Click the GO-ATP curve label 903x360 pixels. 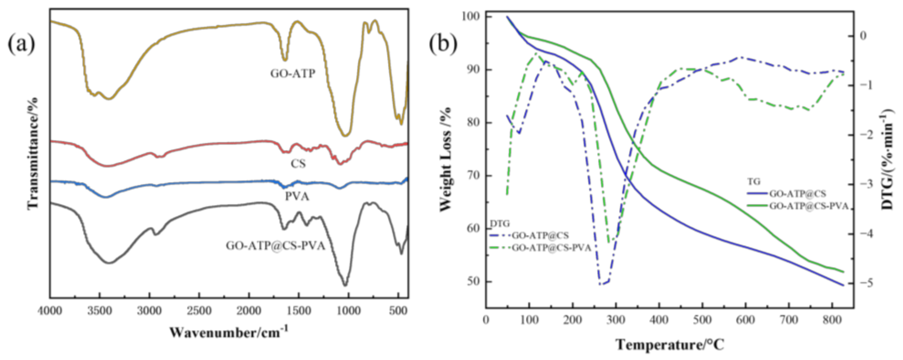coord(293,74)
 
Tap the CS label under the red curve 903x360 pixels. coord(298,163)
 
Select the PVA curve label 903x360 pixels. coord(297,197)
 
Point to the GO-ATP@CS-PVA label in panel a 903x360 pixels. coord(275,246)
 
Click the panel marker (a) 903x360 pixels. coord(22,45)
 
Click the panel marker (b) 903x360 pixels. coord(443,45)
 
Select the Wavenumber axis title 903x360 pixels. coord(229,331)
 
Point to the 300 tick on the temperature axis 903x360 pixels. coord(616,320)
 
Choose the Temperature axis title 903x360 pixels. coord(670,345)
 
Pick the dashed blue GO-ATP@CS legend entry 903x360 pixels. coord(540,235)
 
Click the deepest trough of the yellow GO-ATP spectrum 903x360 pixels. coord(346,136)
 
